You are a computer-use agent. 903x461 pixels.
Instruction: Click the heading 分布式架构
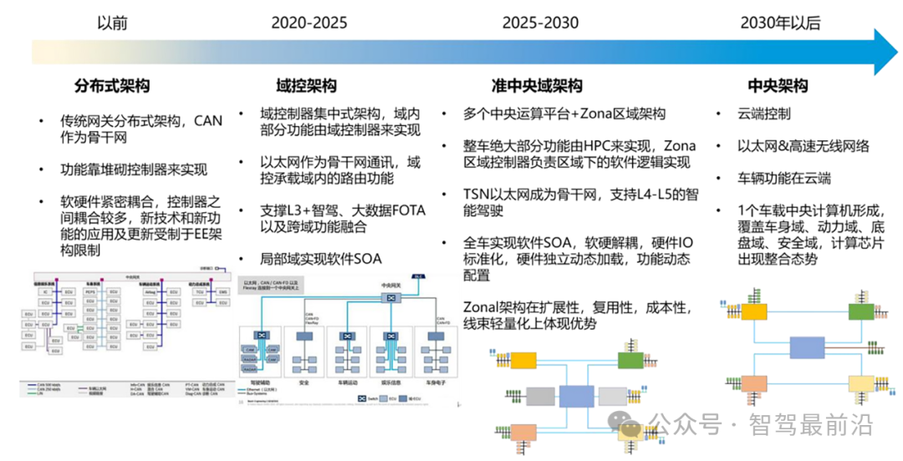coord(112,86)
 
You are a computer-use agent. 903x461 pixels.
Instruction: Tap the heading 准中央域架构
coord(536,86)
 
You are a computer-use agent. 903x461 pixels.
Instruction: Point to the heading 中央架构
coord(778,86)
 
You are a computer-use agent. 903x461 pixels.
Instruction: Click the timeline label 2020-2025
coord(309,23)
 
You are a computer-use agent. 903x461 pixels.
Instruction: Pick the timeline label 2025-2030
coord(540,23)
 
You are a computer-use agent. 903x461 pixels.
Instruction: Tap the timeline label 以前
coord(113,23)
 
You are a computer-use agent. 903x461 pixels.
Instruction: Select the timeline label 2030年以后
coord(779,23)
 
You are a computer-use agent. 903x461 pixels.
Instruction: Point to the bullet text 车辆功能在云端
coord(783,179)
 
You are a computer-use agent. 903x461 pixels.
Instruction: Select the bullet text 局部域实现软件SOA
coord(320,259)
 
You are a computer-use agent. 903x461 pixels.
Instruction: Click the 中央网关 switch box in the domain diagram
coord(389,297)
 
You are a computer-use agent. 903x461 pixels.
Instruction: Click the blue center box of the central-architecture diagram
coord(806,348)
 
